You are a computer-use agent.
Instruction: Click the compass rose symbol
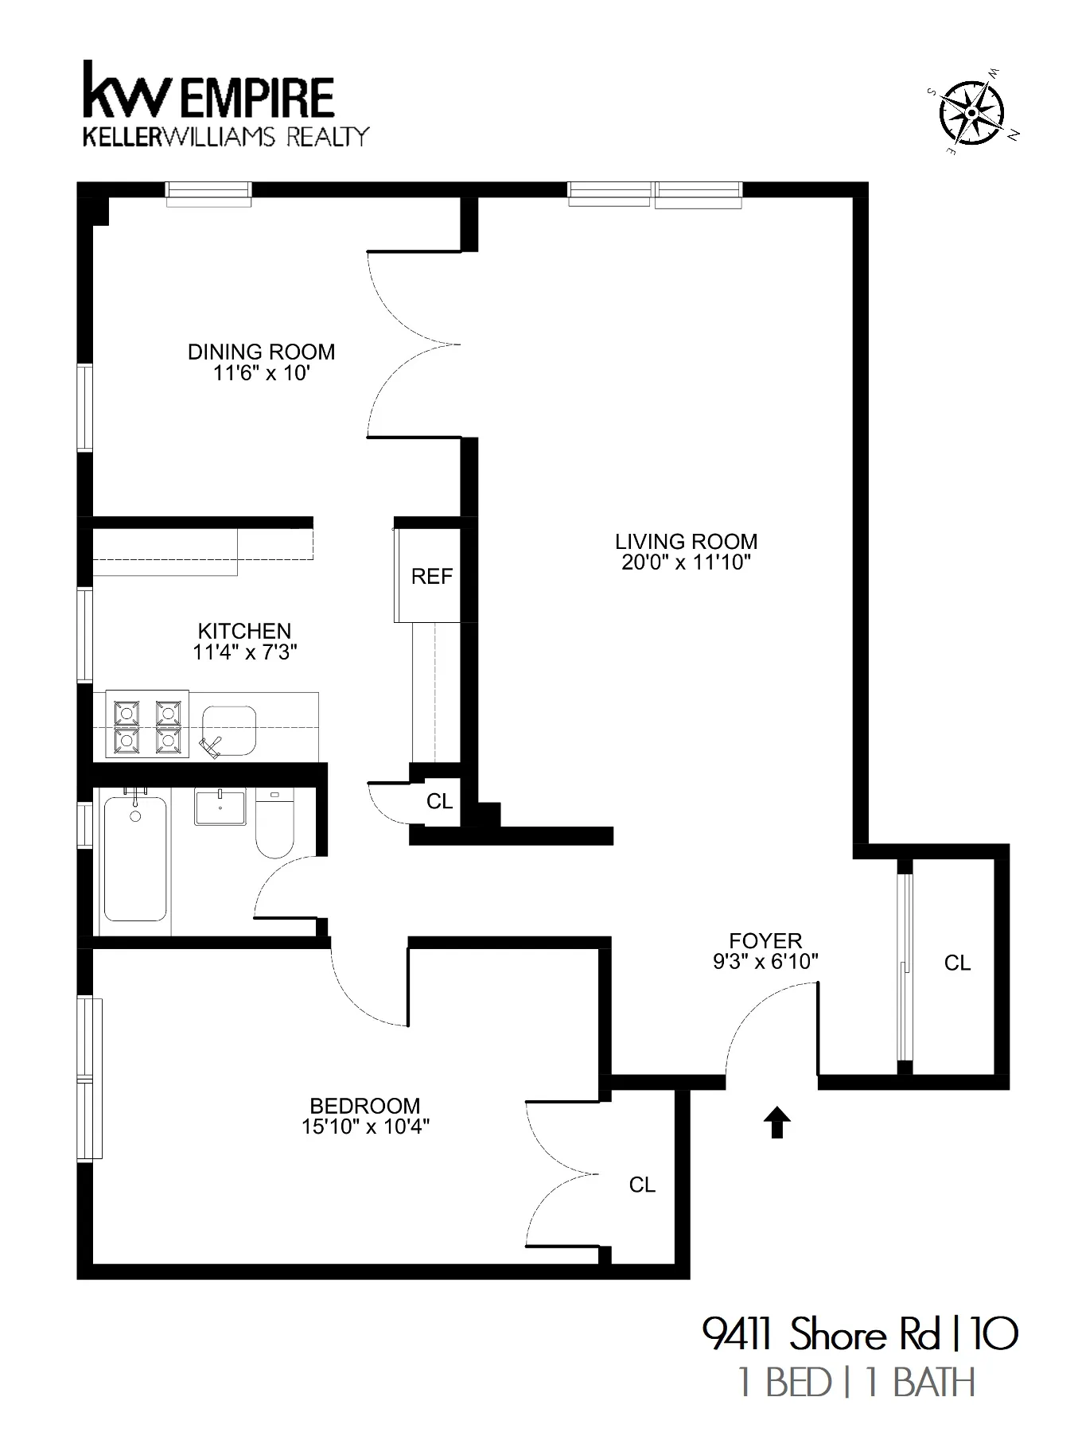tap(971, 113)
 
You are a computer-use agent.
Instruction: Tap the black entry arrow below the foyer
tap(776, 1124)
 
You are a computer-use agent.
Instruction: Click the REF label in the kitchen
tap(431, 576)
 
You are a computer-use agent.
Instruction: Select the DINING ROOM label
tap(261, 352)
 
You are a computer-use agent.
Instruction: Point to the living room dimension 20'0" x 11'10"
tap(686, 562)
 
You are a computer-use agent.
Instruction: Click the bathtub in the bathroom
tap(135, 859)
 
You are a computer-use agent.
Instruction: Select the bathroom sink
tap(220, 807)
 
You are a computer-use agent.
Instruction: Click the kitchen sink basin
tap(229, 730)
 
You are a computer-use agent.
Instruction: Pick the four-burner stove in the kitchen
tap(146, 725)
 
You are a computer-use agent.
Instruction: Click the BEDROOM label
tap(364, 1106)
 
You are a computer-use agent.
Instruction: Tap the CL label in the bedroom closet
tap(642, 1185)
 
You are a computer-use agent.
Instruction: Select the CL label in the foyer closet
tap(957, 963)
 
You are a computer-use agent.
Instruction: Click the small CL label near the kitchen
tap(439, 801)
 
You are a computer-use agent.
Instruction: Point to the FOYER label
tap(765, 940)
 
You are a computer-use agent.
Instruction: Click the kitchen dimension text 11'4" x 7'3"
tap(244, 652)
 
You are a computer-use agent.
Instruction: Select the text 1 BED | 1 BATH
tap(856, 1383)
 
